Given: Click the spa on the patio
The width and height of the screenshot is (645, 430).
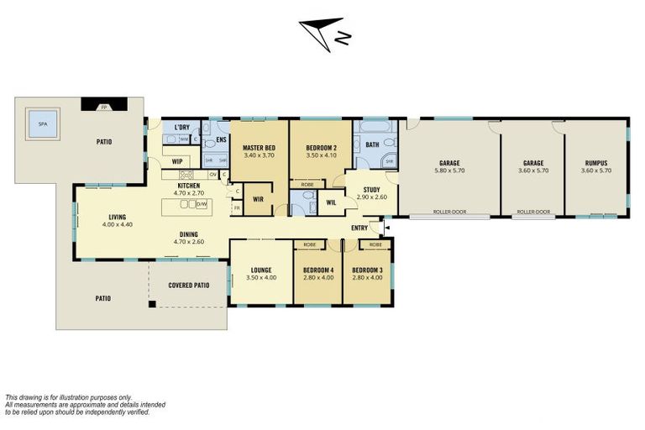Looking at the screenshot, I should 38,128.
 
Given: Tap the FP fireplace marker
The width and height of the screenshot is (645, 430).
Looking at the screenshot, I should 104,107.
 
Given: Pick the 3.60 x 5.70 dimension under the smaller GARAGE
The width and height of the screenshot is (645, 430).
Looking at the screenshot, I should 532,170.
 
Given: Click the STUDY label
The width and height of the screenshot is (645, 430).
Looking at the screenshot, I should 371,189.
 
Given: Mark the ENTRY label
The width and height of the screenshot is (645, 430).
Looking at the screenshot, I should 359,228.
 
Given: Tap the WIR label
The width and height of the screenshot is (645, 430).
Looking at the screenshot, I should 259,199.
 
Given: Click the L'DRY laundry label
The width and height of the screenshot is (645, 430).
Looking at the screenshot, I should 181,128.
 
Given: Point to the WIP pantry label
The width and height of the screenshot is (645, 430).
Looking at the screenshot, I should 177,160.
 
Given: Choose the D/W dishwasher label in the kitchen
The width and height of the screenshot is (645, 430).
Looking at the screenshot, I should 202,204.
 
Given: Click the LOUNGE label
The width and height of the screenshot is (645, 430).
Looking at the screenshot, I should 261,270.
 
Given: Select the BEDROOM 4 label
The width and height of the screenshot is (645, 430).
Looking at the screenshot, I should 317,270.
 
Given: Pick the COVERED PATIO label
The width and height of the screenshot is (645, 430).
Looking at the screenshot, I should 189,285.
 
